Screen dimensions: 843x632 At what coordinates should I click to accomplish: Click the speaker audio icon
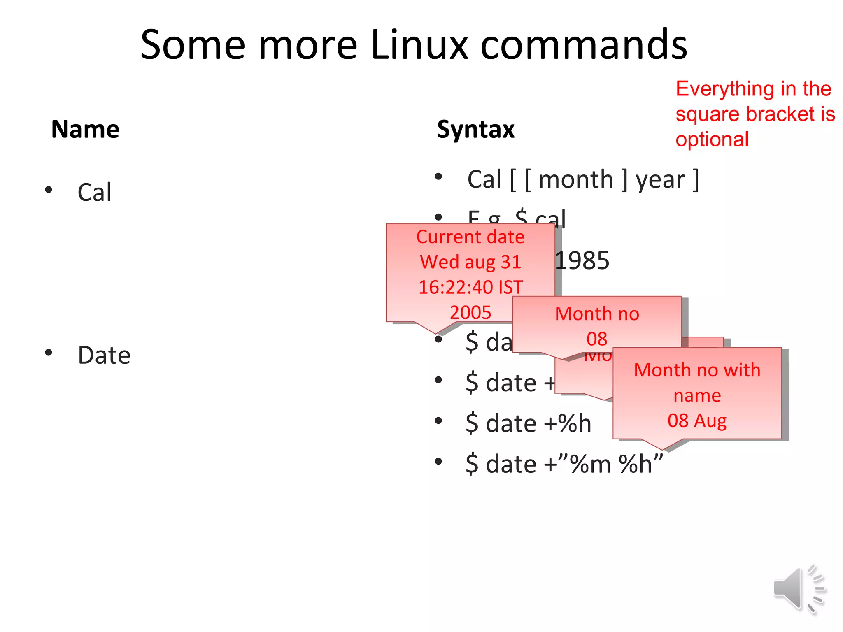click(x=799, y=588)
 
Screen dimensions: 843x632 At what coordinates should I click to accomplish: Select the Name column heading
click(x=85, y=129)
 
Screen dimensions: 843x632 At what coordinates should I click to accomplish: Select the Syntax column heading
click(x=475, y=129)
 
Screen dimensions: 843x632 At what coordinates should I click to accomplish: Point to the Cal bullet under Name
click(x=94, y=192)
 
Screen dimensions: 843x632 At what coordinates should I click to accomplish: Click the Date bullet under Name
click(x=104, y=355)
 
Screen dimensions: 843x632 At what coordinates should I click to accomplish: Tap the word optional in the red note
click(x=712, y=139)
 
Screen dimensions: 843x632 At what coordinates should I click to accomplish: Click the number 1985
click(x=582, y=261)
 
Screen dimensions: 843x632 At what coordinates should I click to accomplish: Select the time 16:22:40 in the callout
click(x=456, y=287)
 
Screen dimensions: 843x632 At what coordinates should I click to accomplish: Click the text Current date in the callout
click(x=470, y=237)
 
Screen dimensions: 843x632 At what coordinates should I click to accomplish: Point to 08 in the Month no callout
click(x=597, y=339)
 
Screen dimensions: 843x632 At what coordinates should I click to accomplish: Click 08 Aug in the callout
click(x=697, y=421)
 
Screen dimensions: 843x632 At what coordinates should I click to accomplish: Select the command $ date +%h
click(x=529, y=423)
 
